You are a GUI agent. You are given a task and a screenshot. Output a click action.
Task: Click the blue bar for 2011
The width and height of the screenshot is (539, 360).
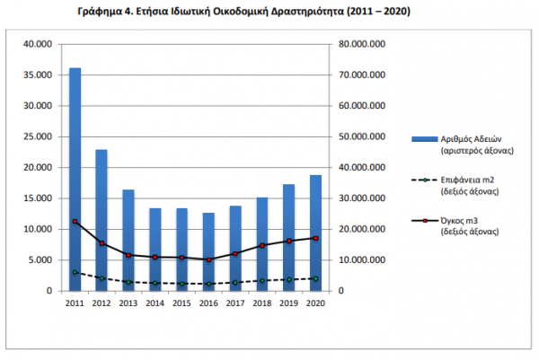click(x=75, y=180)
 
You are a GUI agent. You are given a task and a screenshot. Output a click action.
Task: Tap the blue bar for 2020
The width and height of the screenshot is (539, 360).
click(x=315, y=233)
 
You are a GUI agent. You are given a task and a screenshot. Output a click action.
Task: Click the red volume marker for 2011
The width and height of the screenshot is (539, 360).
click(x=75, y=222)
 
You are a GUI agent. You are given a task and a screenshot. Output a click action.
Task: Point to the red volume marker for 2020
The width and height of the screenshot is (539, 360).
click(x=315, y=238)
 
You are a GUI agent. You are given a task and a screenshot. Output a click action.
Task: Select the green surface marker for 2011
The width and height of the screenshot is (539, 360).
click(x=75, y=272)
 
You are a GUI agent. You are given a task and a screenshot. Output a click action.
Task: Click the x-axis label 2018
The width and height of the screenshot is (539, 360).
click(x=261, y=304)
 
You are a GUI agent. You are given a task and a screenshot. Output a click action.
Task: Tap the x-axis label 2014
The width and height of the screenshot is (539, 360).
click(x=155, y=304)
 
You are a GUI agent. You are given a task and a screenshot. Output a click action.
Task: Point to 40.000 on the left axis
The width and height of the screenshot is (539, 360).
click(x=39, y=44)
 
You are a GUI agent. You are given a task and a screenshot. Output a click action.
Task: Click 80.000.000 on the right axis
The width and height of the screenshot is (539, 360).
click(x=363, y=44)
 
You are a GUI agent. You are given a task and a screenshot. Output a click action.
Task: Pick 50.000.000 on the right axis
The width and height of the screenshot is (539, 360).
click(x=363, y=136)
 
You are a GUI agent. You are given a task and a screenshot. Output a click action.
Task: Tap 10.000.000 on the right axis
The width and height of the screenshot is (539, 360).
click(x=363, y=260)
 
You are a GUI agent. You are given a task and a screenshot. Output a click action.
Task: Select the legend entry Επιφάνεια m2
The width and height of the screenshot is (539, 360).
click(x=470, y=180)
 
